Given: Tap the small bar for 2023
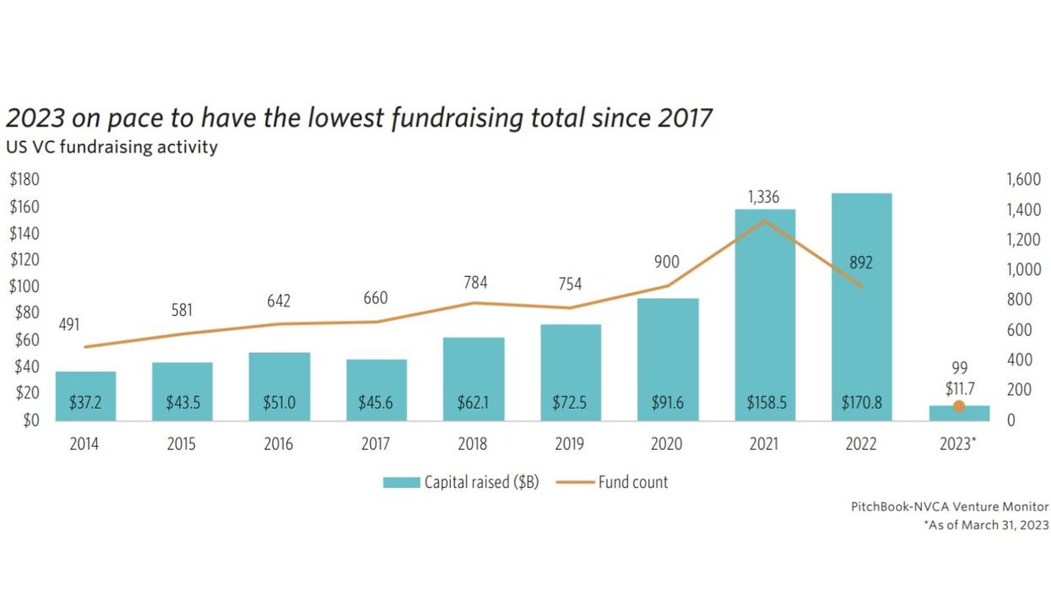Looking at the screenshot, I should click(959, 413).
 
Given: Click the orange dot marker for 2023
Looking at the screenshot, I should click(959, 406).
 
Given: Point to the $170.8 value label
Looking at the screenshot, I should click(861, 404).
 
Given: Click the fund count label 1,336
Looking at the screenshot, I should click(765, 198).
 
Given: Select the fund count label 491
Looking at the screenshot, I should click(69, 324).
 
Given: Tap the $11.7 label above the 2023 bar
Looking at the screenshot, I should click(959, 388).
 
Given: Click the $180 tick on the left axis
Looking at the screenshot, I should click(24, 179).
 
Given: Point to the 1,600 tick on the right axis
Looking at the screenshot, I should click(1022, 179).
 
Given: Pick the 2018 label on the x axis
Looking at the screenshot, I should click(473, 444).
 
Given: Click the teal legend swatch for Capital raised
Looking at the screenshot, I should click(401, 482).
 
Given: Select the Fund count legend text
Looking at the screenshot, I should click(633, 482).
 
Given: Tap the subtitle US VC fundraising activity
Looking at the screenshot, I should click(111, 147).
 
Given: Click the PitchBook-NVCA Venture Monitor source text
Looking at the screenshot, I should click(950, 507).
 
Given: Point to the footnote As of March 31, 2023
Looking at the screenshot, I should click(987, 525).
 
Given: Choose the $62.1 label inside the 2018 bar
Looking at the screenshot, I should click(473, 404).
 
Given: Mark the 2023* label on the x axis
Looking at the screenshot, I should click(959, 444).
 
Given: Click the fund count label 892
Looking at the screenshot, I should click(861, 263).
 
